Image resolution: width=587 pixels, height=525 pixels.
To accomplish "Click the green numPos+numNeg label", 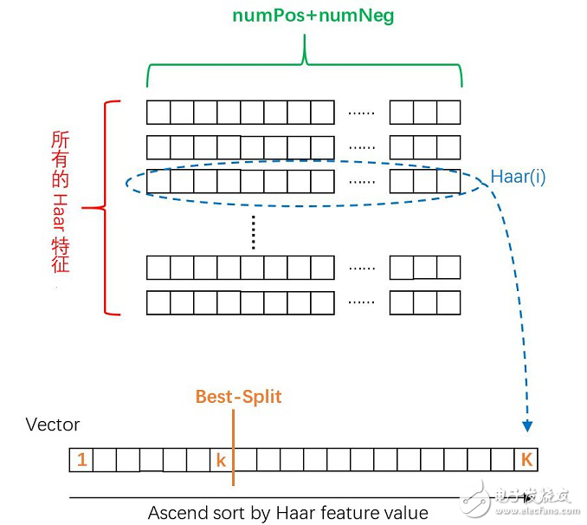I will pos(313,16).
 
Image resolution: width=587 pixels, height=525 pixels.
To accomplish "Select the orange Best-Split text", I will pos(238,397).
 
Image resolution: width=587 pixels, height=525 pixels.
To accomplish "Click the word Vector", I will pos(53,425).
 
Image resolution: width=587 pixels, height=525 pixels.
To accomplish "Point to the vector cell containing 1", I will pos(81,460).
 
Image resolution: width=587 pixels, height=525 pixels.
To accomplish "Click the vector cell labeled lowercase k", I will pos(221,460).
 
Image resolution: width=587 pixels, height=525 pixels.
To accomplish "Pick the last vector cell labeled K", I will pos(526,460).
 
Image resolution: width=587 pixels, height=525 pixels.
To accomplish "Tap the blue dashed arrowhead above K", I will pos(526,426).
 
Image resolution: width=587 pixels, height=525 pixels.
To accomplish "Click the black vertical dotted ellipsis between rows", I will pos(253,230).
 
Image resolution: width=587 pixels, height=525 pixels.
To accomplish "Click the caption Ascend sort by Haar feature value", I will pos(287,512).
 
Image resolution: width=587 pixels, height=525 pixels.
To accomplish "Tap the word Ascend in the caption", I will pos(177,512).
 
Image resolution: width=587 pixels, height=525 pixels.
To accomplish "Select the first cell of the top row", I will pos(158,113).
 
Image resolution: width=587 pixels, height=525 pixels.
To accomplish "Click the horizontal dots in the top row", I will pos(361,113).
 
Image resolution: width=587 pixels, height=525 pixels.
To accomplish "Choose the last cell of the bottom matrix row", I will pos(448,302).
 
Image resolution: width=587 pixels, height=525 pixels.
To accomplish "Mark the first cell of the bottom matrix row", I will pos(158,302).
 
